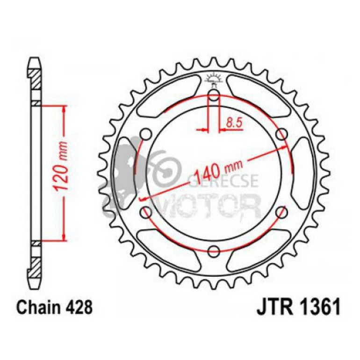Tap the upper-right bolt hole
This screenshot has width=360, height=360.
click(281, 135)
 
